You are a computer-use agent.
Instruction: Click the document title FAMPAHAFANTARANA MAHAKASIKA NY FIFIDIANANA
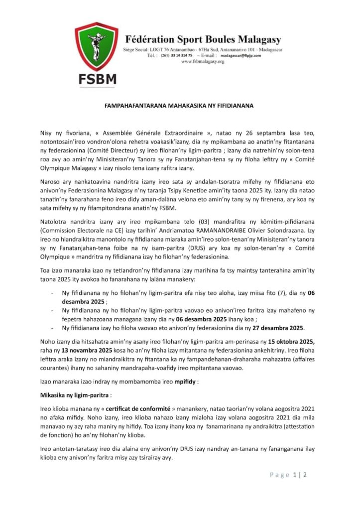click(x=180, y=106)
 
